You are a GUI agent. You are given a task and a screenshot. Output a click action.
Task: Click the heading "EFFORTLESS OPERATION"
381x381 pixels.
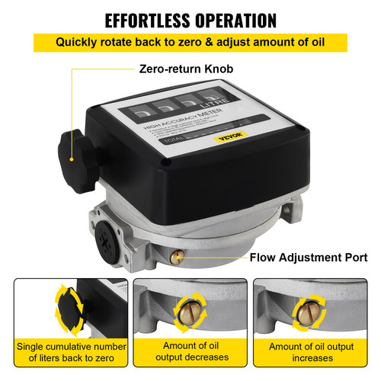click(190, 19)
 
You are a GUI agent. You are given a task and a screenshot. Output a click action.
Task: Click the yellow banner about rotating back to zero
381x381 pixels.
click(190, 42)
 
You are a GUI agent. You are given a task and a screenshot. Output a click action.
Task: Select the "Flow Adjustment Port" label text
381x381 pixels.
click(308, 258)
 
